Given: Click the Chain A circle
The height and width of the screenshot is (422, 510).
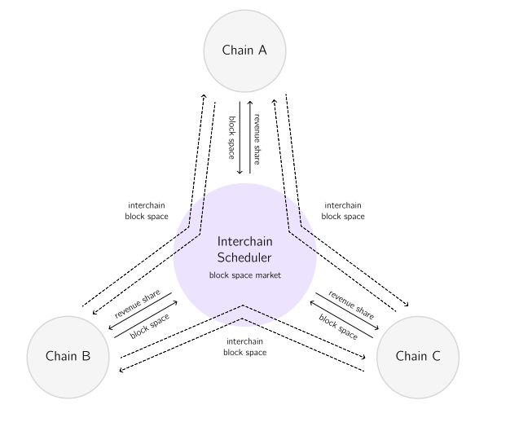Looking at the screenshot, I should (x=244, y=51).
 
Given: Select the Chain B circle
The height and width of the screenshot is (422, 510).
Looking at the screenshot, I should (x=68, y=356).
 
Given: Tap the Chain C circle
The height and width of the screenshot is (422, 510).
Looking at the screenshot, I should (x=419, y=356).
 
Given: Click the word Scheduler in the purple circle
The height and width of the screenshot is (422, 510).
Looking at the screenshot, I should (x=244, y=257).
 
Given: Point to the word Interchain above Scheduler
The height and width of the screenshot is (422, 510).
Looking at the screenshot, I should (x=244, y=242).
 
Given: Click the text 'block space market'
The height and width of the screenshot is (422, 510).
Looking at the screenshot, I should (x=244, y=276).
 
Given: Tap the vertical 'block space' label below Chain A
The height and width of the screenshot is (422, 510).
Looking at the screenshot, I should (x=232, y=135).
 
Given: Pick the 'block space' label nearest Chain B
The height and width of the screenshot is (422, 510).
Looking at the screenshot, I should (x=150, y=324).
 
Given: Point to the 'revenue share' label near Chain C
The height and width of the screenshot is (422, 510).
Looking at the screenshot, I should (x=351, y=303).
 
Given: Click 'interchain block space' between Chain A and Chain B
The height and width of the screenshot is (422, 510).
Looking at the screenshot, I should (x=147, y=211).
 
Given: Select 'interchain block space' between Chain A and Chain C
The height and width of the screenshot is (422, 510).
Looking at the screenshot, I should (x=342, y=211).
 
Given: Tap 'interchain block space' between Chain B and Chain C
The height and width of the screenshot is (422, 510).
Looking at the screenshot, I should (x=244, y=347).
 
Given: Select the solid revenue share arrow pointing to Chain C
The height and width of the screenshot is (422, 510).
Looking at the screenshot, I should (x=345, y=311).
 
